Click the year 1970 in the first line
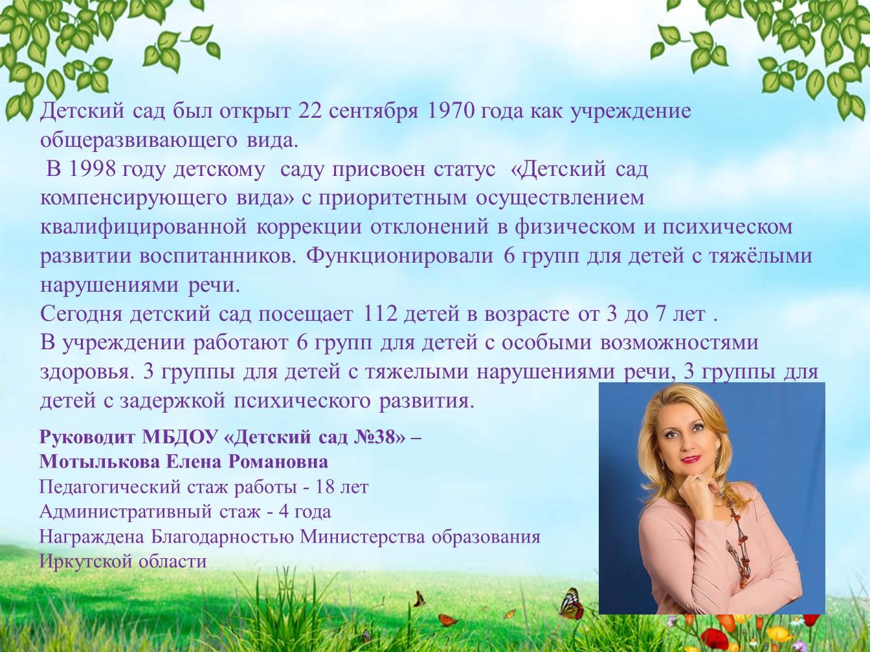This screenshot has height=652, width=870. (x=451, y=111)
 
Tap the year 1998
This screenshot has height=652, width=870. (x=93, y=169)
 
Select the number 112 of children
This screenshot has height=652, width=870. (x=380, y=314)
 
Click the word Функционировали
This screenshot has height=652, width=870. (x=400, y=257)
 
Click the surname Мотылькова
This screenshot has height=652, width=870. (x=99, y=462)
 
